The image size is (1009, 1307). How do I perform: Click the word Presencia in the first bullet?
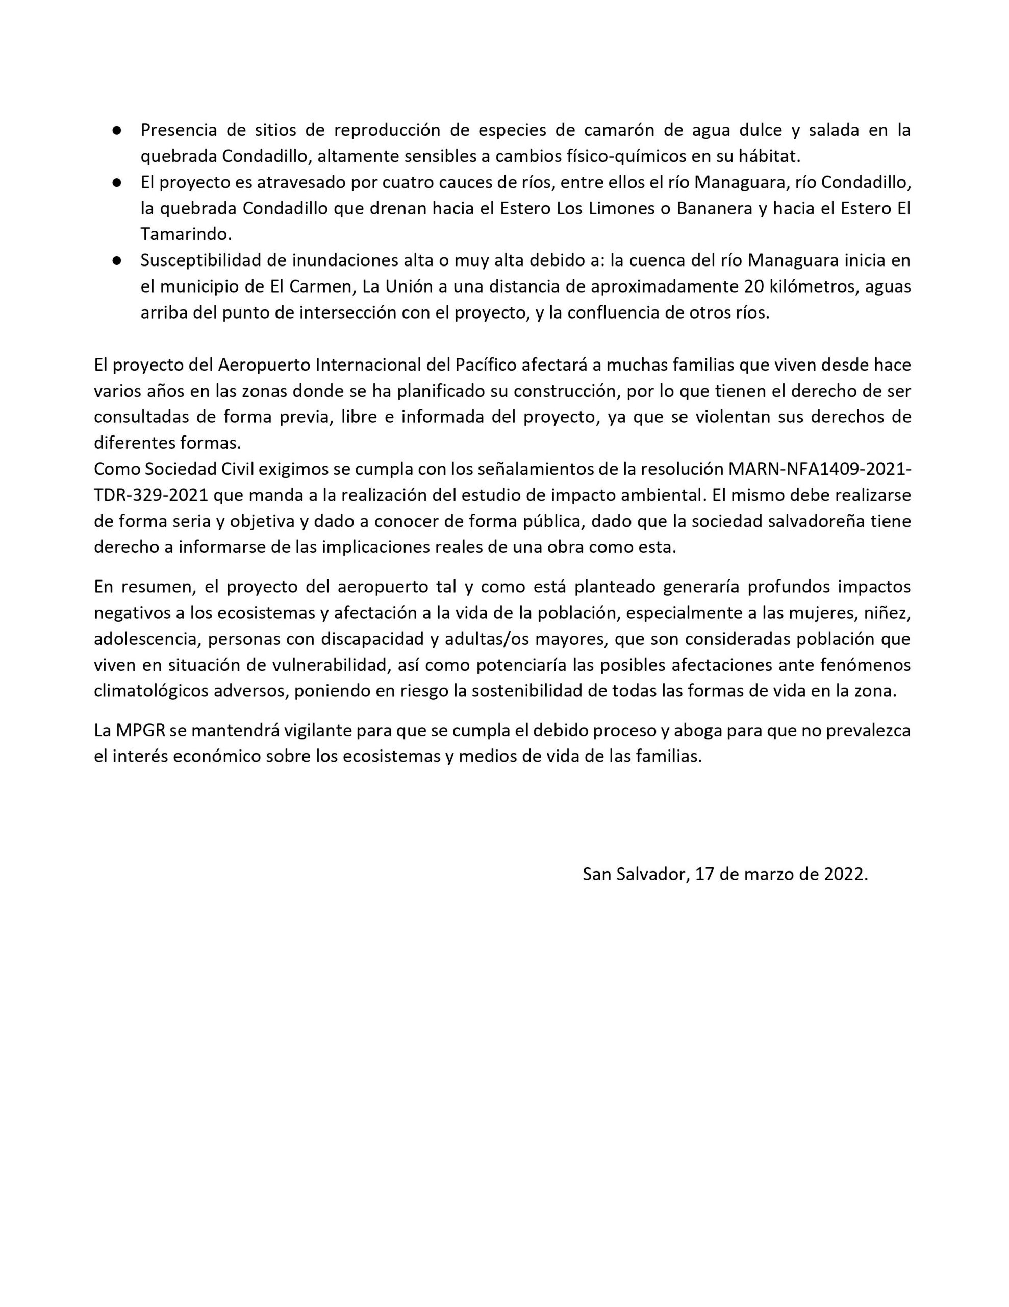[x=178, y=130]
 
